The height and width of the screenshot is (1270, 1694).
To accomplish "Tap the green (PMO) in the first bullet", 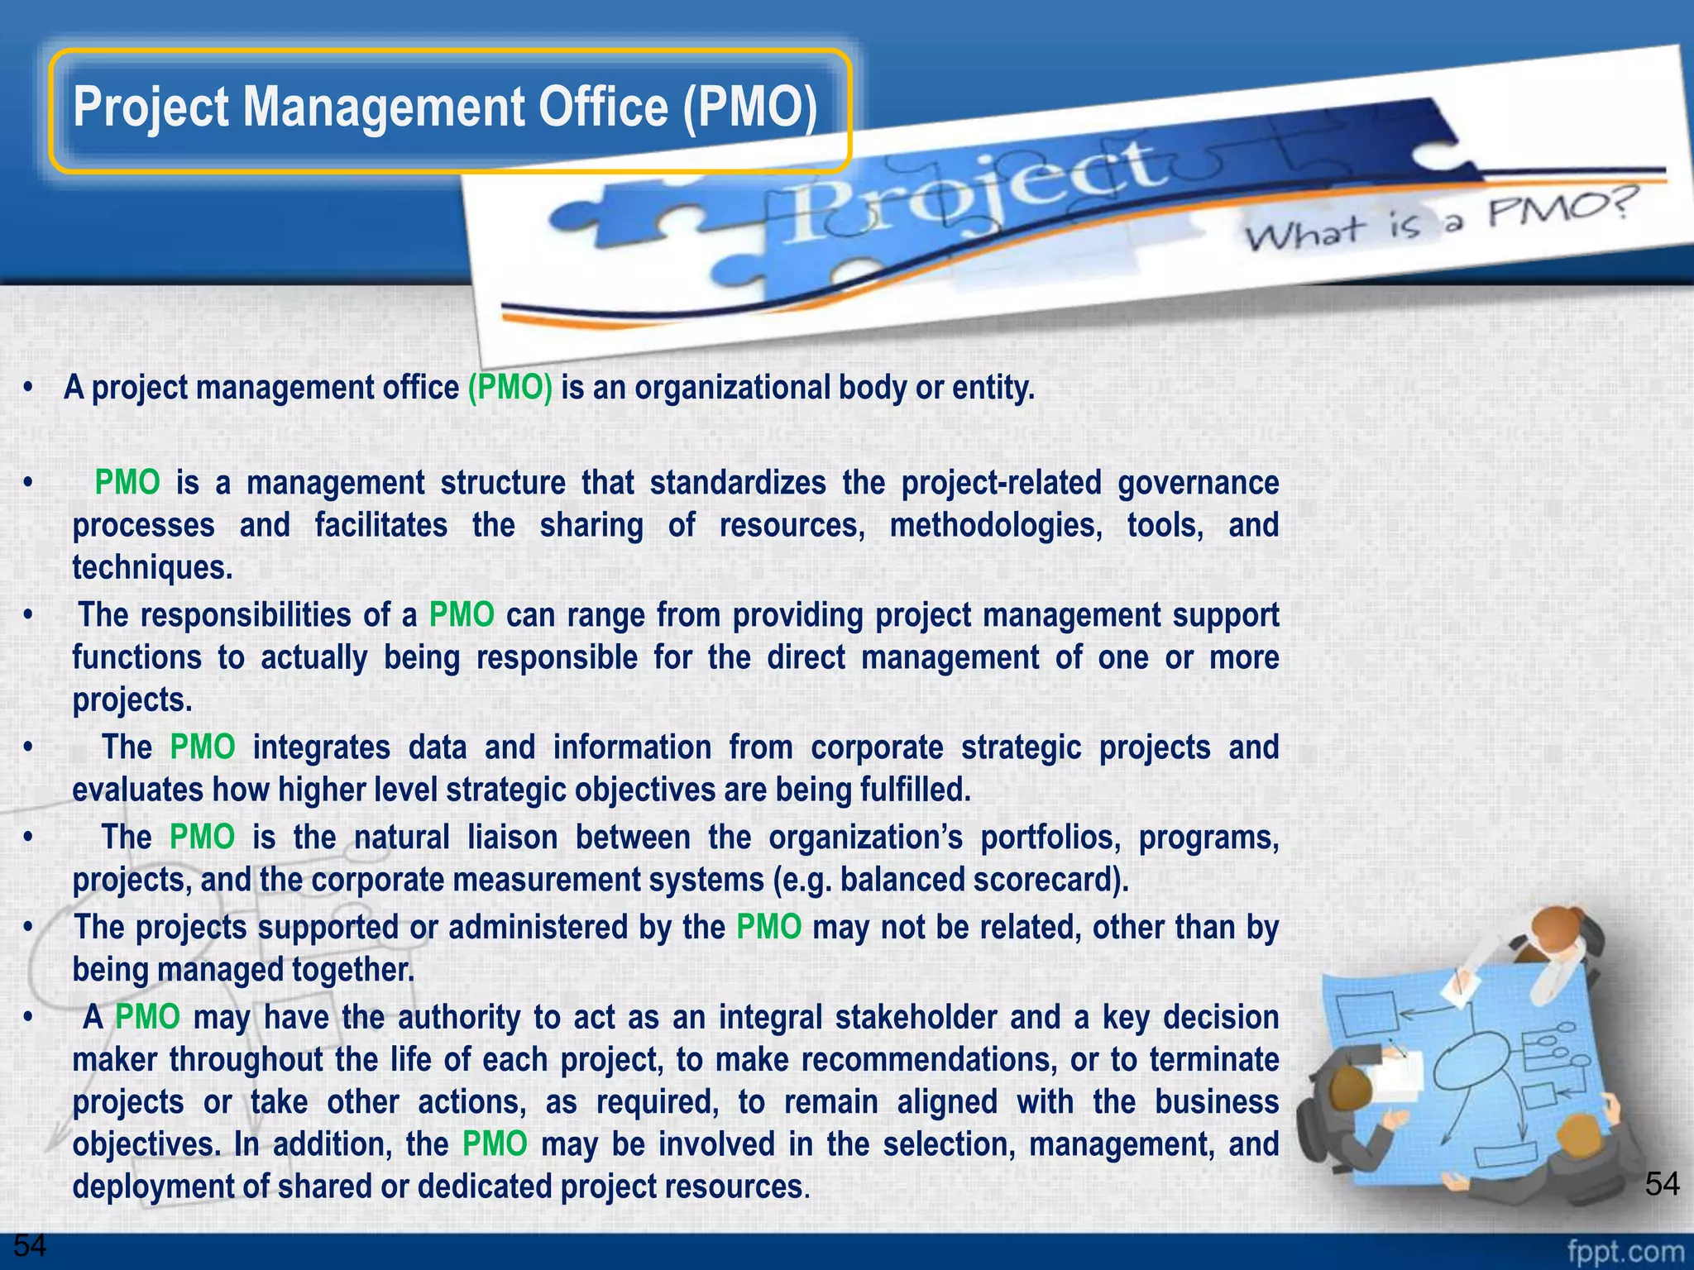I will [510, 387].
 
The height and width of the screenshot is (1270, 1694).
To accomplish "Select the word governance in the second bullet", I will [1198, 483].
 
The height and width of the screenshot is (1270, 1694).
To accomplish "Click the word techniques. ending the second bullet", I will [152, 567].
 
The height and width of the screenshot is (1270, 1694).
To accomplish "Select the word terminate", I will [1214, 1059].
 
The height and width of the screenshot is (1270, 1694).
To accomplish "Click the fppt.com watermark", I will [1625, 1251].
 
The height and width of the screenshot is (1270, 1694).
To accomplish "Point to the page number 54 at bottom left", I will [30, 1245].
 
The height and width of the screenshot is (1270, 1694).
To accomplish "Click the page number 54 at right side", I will [1662, 1184].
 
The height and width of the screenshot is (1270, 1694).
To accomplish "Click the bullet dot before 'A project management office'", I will [28, 387].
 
